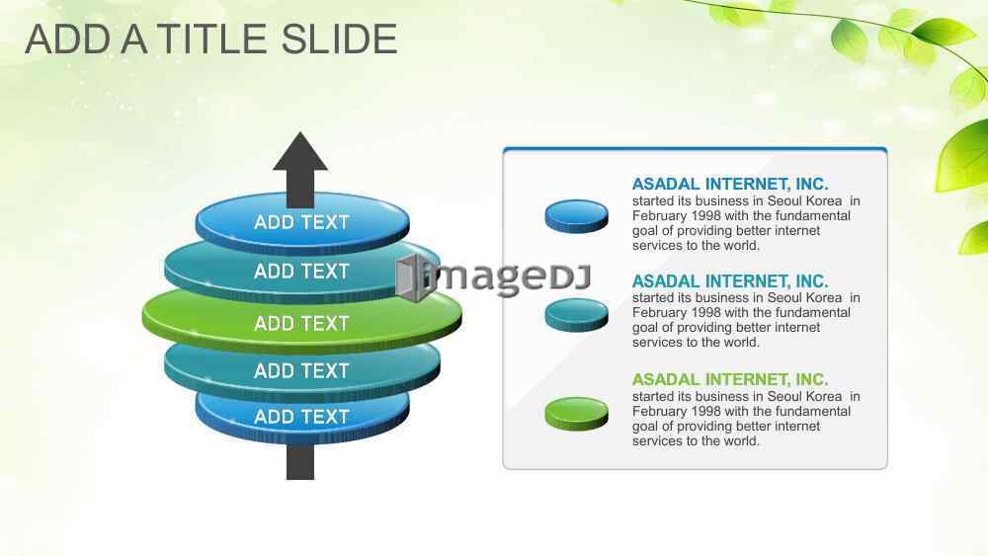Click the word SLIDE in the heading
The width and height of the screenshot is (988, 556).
coord(339,40)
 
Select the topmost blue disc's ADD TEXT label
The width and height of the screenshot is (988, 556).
coord(301,222)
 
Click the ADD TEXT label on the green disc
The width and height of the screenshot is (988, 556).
coord(301,324)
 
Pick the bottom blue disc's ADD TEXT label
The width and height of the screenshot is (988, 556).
coord(301,417)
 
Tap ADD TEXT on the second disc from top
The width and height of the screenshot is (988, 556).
coord(301,272)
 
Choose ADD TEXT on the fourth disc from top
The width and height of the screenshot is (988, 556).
coord(301,371)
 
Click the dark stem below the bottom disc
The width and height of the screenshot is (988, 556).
coord(300,462)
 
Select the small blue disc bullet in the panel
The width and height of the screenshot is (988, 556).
coord(577,216)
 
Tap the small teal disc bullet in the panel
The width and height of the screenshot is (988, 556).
coord(577,315)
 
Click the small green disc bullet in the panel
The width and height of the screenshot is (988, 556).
coord(577,414)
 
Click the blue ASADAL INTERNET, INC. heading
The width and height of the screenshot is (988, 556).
coord(730,184)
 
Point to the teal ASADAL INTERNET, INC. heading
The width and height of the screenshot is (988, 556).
coord(730,280)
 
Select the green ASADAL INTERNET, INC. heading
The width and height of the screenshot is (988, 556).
coord(730,379)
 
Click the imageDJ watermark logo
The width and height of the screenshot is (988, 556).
coord(494,278)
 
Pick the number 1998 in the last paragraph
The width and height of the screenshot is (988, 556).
coord(705,411)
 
